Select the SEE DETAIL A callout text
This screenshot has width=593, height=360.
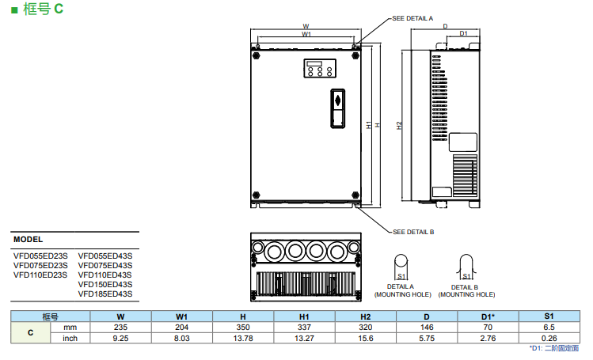pyautogui.click(x=413, y=17)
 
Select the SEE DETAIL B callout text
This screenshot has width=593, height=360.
pyautogui.click(x=413, y=232)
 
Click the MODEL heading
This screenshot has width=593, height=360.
pyautogui.click(x=28, y=239)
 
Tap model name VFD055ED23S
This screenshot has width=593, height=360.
pyautogui.click(x=40, y=256)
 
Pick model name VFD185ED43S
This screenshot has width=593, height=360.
pyautogui.click(x=105, y=294)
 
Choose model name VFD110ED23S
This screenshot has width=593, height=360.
pyautogui.click(x=40, y=275)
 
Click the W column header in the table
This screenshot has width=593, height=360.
pyautogui.click(x=120, y=316)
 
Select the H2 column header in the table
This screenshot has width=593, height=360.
pyautogui.click(x=365, y=316)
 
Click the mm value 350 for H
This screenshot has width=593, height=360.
pyautogui.click(x=243, y=328)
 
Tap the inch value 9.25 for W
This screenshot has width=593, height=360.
pyautogui.click(x=120, y=339)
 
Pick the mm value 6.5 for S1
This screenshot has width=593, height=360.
pyautogui.click(x=548, y=328)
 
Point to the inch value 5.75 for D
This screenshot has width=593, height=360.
pyautogui.click(x=426, y=339)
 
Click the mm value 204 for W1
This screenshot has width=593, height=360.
pyautogui.click(x=181, y=328)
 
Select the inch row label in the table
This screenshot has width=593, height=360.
pyautogui.click(x=70, y=339)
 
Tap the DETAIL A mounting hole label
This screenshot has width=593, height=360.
pyautogui.click(x=401, y=290)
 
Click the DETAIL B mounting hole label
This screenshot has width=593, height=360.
pyautogui.click(x=466, y=290)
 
